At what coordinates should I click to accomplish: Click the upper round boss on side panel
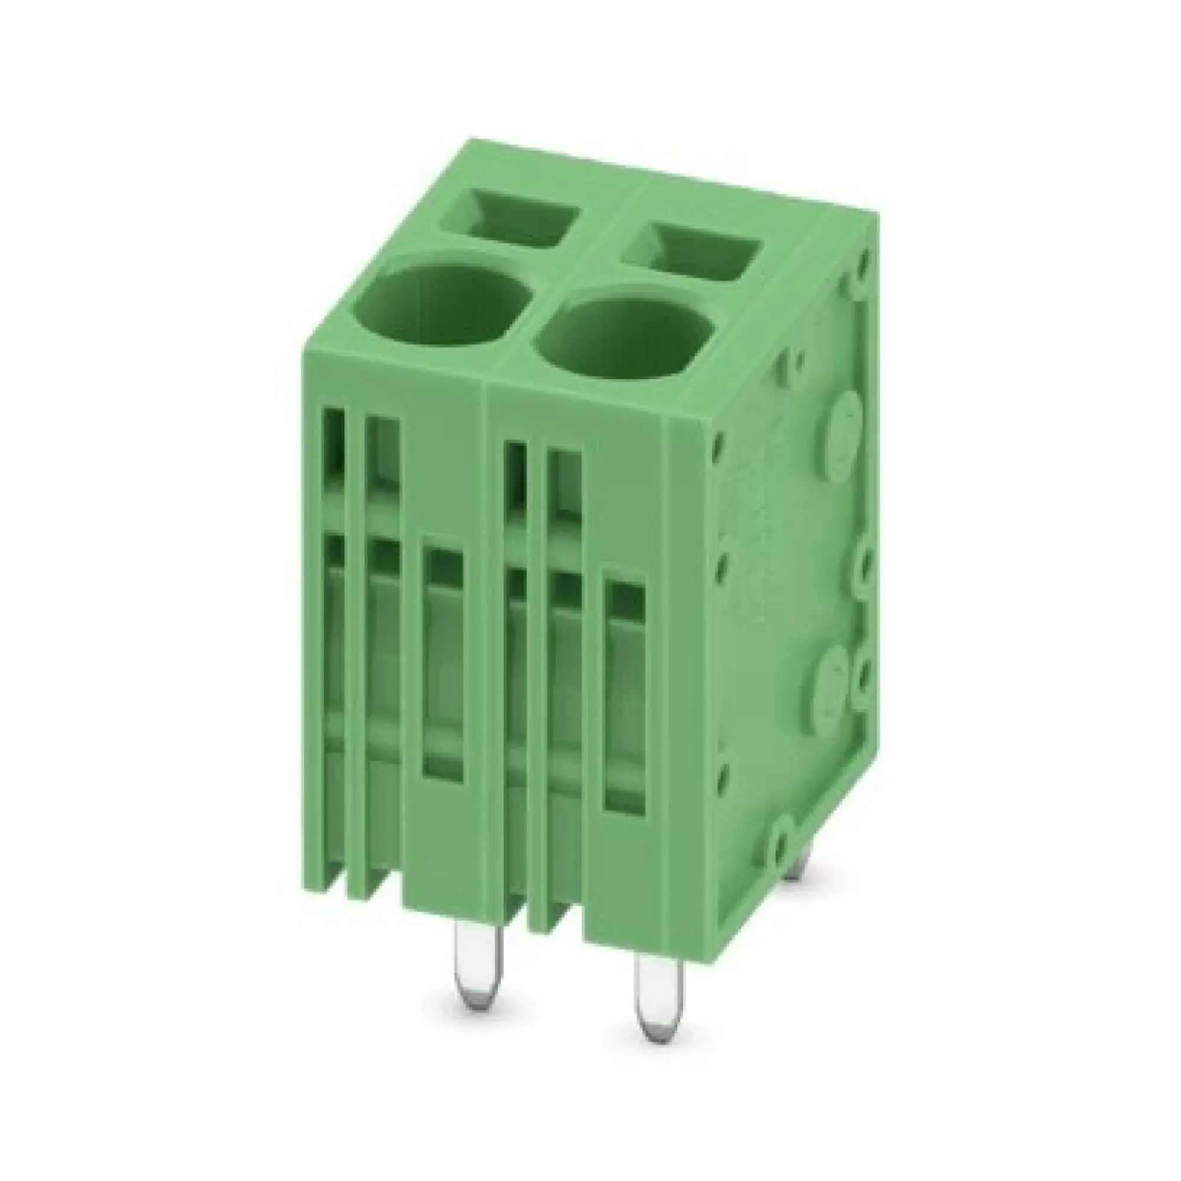click(x=844, y=428)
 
